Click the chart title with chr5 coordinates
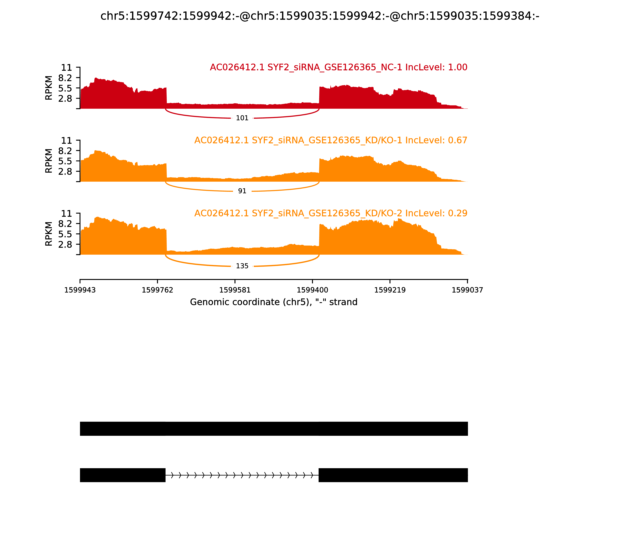point(320,16)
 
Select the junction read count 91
point(242,191)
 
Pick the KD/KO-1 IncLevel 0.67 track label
point(331,140)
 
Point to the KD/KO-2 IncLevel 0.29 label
point(331,213)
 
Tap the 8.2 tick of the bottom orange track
point(65,224)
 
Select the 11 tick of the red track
point(66,68)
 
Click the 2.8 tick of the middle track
point(65,171)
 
